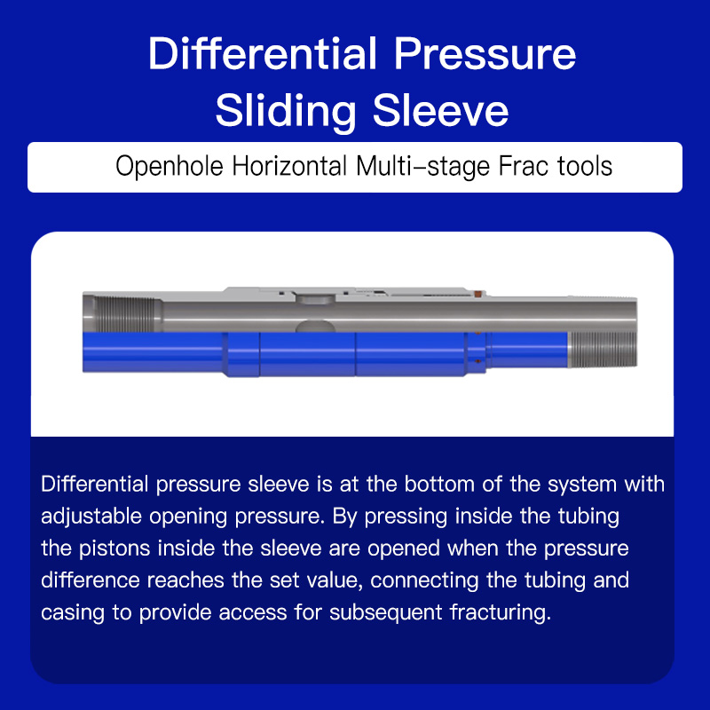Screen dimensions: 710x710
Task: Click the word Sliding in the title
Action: coord(286,112)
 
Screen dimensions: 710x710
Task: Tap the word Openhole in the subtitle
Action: coord(170,166)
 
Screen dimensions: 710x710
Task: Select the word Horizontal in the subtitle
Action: coord(289,166)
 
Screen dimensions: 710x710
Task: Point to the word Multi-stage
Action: coord(423,166)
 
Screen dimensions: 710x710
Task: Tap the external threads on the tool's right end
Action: coord(603,350)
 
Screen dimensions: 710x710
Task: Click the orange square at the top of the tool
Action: coord(477,295)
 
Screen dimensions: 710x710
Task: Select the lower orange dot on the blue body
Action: coord(477,361)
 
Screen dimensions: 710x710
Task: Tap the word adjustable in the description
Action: coord(91,517)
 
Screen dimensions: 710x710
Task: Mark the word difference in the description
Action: coord(91,580)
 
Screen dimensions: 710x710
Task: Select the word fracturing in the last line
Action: coord(501,612)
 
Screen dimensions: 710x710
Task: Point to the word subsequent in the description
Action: coord(385,613)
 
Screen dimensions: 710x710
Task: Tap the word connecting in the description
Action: coord(424,581)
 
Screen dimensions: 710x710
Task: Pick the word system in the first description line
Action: coord(582,485)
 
